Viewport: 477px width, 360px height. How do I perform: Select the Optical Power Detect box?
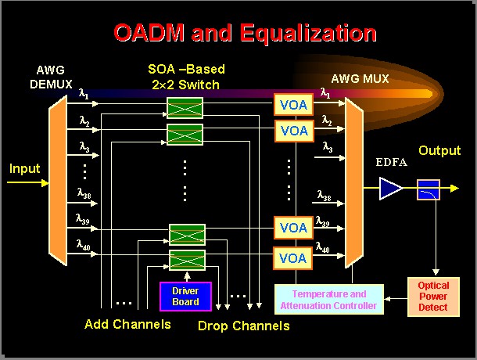(x=432, y=297)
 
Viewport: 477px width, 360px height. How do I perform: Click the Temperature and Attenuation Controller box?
(x=328, y=300)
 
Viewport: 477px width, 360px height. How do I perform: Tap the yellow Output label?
(x=439, y=150)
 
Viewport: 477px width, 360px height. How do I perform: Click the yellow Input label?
(x=24, y=168)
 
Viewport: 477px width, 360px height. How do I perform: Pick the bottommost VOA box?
(x=294, y=257)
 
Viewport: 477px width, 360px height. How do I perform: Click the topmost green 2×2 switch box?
(x=185, y=106)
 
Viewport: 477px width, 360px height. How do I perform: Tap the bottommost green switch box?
(x=187, y=260)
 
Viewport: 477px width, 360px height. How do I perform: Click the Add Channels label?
(x=127, y=324)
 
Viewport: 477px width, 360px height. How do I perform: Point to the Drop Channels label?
(x=243, y=326)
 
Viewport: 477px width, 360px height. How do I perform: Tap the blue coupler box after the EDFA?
(x=429, y=188)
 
